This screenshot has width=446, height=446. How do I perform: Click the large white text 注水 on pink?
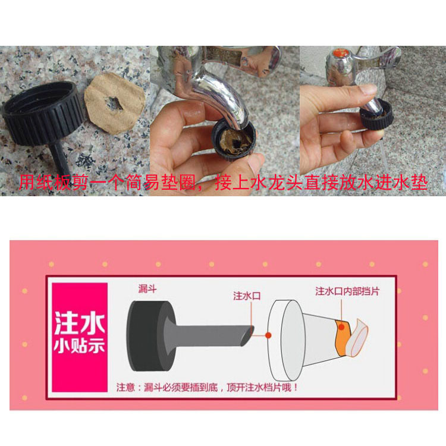[80, 323]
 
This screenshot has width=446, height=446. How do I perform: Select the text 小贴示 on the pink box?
[80, 345]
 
